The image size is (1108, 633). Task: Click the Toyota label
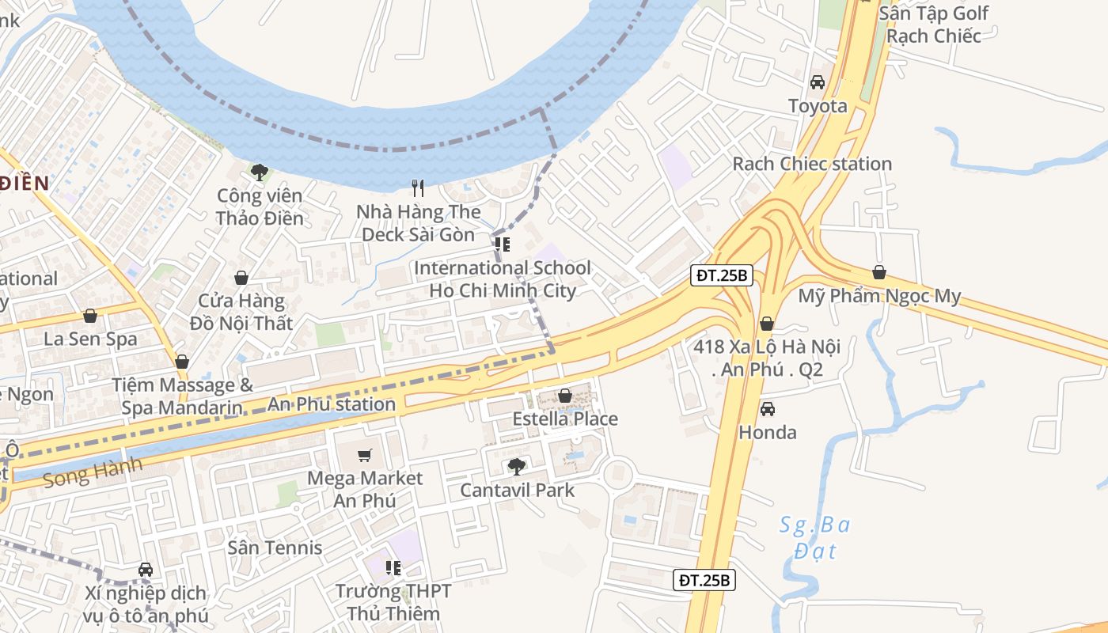point(818,106)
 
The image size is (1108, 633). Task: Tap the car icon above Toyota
point(818,82)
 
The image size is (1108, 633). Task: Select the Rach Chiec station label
point(812,164)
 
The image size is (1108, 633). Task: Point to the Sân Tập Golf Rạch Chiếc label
point(934,25)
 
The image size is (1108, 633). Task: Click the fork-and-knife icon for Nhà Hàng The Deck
point(419,188)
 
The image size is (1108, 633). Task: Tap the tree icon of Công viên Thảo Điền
point(259,172)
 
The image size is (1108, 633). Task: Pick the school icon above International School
point(503,244)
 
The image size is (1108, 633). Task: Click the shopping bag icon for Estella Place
point(565,395)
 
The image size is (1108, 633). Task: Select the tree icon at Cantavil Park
point(517,467)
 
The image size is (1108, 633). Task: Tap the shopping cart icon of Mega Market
point(364,455)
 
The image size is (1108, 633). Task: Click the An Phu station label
point(332,404)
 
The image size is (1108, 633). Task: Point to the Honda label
point(768,433)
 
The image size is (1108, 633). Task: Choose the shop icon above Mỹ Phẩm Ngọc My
point(879,273)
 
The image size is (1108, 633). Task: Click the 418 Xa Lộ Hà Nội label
point(767,358)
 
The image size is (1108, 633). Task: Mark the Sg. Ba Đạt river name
point(815,536)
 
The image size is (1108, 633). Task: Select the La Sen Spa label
point(90,339)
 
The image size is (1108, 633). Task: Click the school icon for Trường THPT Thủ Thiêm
point(393,567)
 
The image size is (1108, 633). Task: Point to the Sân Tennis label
point(275,548)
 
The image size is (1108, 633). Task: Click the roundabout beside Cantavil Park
point(618,476)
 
